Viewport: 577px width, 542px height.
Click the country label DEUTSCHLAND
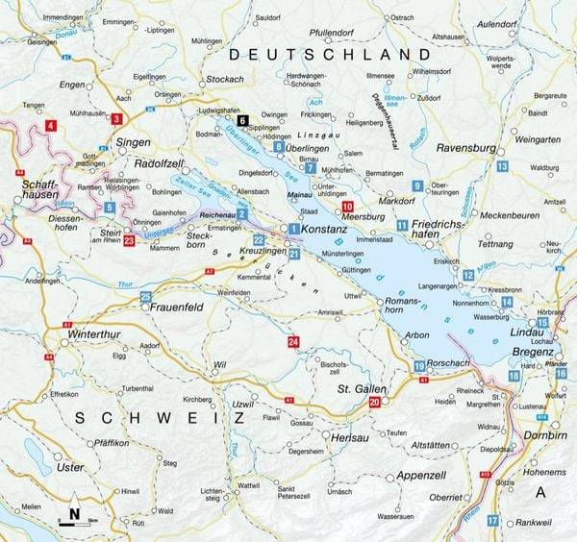[335, 54]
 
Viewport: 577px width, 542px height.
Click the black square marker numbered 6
[242, 121]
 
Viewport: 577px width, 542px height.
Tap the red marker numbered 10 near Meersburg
[347, 207]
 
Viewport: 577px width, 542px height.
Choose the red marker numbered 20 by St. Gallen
[374, 404]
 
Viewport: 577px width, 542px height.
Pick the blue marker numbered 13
[502, 166]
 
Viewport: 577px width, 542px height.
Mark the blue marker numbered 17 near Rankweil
[492, 520]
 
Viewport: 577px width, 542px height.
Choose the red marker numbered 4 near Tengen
[50, 125]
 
